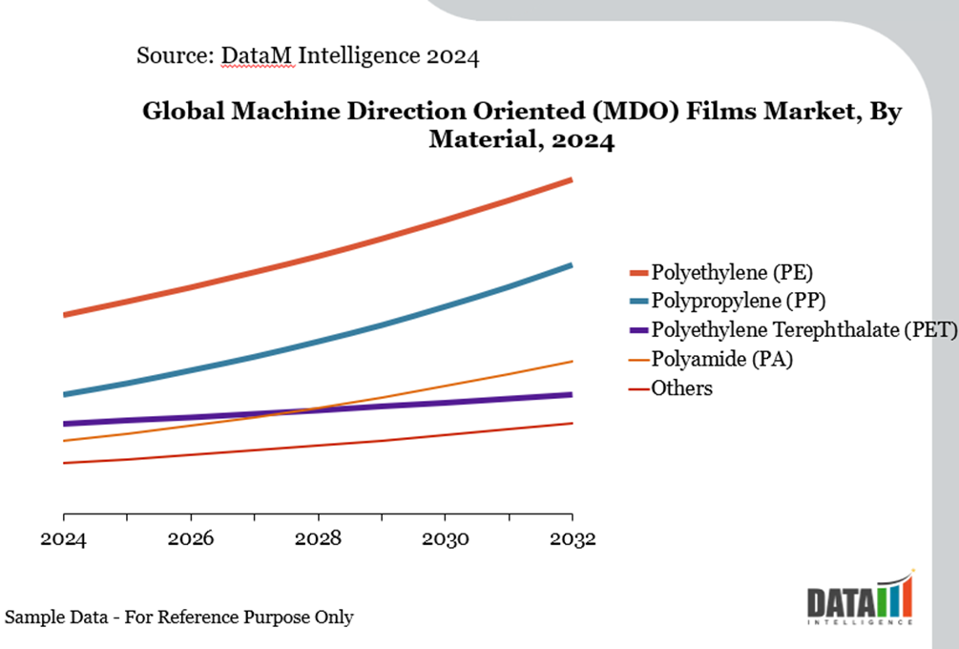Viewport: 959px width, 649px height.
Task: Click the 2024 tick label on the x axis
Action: click(63, 540)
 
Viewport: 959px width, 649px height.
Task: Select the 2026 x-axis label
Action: click(191, 540)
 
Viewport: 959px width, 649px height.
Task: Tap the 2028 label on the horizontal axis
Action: click(318, 540)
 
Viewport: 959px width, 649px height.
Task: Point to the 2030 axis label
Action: click(445, 540)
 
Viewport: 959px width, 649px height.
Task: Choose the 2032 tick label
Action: click(572, 540)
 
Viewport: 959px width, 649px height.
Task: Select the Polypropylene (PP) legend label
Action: click(738, 301)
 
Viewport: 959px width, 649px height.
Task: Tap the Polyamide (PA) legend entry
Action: click(721, 359)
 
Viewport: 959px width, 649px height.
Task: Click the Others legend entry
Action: click(681, 388)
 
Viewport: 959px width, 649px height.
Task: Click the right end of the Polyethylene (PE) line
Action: click(571, 179)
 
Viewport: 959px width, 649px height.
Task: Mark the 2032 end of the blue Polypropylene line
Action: click(571, 265)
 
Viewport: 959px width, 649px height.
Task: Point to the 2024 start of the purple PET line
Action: click(64, 424)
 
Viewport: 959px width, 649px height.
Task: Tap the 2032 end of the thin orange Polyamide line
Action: click(571, 362)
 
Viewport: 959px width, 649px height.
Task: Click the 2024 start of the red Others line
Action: click(64, 463)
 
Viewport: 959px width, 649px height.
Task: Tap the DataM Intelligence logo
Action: click(860, 598)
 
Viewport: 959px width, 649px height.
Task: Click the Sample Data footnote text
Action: click(178, 618)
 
